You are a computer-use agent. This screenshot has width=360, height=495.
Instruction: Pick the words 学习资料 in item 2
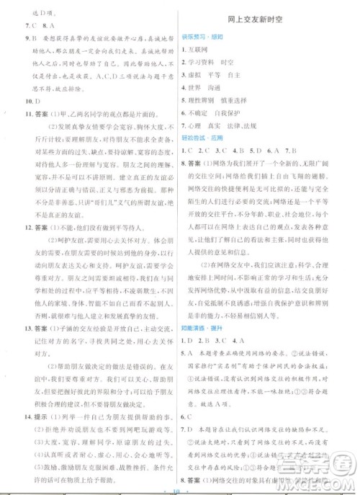tap(208, 63)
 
